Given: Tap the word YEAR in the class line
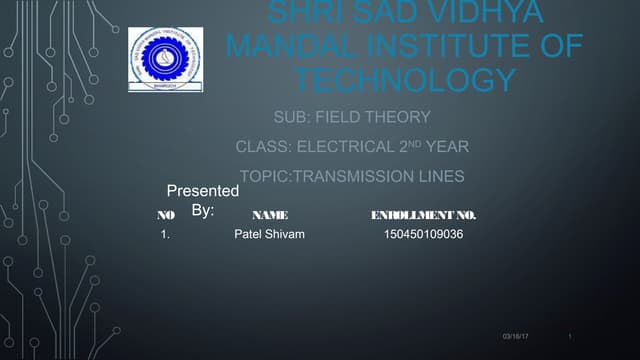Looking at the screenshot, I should [x=447, y=148].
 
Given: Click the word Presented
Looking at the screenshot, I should [x=202, y=190].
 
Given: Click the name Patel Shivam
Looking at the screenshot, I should [x=269, y=235].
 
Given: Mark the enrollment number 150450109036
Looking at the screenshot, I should [x=423, y=235].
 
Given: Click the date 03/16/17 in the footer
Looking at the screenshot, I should [x=516, y=336].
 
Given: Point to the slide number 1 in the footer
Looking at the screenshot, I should [x=567, y=336].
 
